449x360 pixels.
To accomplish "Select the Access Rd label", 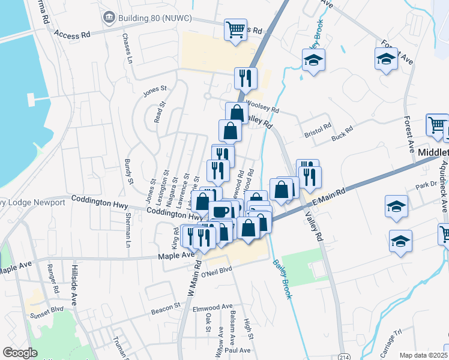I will (71, 35).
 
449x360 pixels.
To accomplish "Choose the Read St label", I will (158, 112).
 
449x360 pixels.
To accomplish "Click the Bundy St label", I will (128, 171).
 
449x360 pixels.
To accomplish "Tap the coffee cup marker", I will (220, 212).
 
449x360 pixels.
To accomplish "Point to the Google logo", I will (20, 353).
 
